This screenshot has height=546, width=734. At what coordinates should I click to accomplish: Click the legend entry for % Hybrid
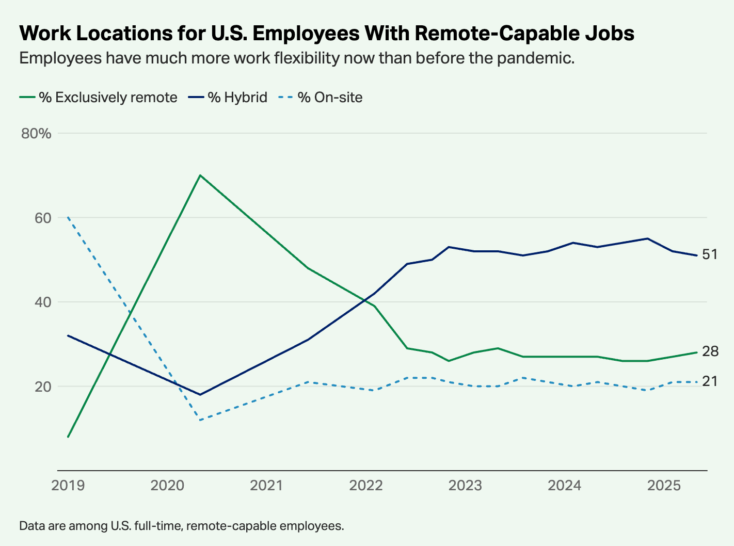coord(237,98)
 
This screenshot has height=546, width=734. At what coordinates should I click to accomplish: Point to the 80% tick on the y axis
coord(36,134)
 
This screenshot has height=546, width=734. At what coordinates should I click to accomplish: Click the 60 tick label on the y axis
coord(43,218)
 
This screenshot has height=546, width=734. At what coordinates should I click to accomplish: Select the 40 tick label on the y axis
coord(43,302)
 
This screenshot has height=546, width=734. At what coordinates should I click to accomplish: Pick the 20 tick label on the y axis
coord(43,387)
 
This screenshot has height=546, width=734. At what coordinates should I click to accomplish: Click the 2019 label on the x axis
coord(68,486)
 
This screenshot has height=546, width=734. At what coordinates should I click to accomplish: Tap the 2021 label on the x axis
coord(266,486)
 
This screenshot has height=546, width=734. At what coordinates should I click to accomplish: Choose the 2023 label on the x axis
coord(465,486)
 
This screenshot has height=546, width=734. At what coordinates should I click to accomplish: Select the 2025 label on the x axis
coord(664,486)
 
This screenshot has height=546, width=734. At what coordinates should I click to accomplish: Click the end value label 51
coord(710,254)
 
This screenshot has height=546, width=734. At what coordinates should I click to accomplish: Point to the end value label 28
coord(710,352)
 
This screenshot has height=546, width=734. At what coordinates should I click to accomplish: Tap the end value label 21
coord(710,381)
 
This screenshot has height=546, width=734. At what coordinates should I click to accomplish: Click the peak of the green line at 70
coord(200,175)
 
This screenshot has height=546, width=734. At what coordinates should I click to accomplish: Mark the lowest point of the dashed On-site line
coord(200,420)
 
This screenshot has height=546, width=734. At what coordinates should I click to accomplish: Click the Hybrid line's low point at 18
coord(200,395)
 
